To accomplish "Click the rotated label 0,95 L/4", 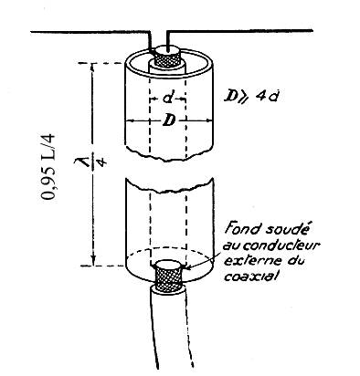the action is click(x=48, y=166).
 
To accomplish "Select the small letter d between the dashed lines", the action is click(x=168, y=98).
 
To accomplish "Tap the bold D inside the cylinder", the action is click(x=169, y=120).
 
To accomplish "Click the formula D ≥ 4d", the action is click(x=250, y=96).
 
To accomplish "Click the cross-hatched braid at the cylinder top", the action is click(x=166, y=60).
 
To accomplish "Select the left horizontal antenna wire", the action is click(x=89, y=32).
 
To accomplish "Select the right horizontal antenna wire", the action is click(x=239, y=30).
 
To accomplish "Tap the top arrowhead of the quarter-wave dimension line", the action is click(x=93, y=68).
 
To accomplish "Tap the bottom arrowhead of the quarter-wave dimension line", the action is click(x=93, y=261).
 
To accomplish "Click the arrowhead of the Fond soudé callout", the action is click(x=188, y=267).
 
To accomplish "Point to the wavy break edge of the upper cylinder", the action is click(x=169, y=154).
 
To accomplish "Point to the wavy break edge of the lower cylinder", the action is click(x=170, y=185).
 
